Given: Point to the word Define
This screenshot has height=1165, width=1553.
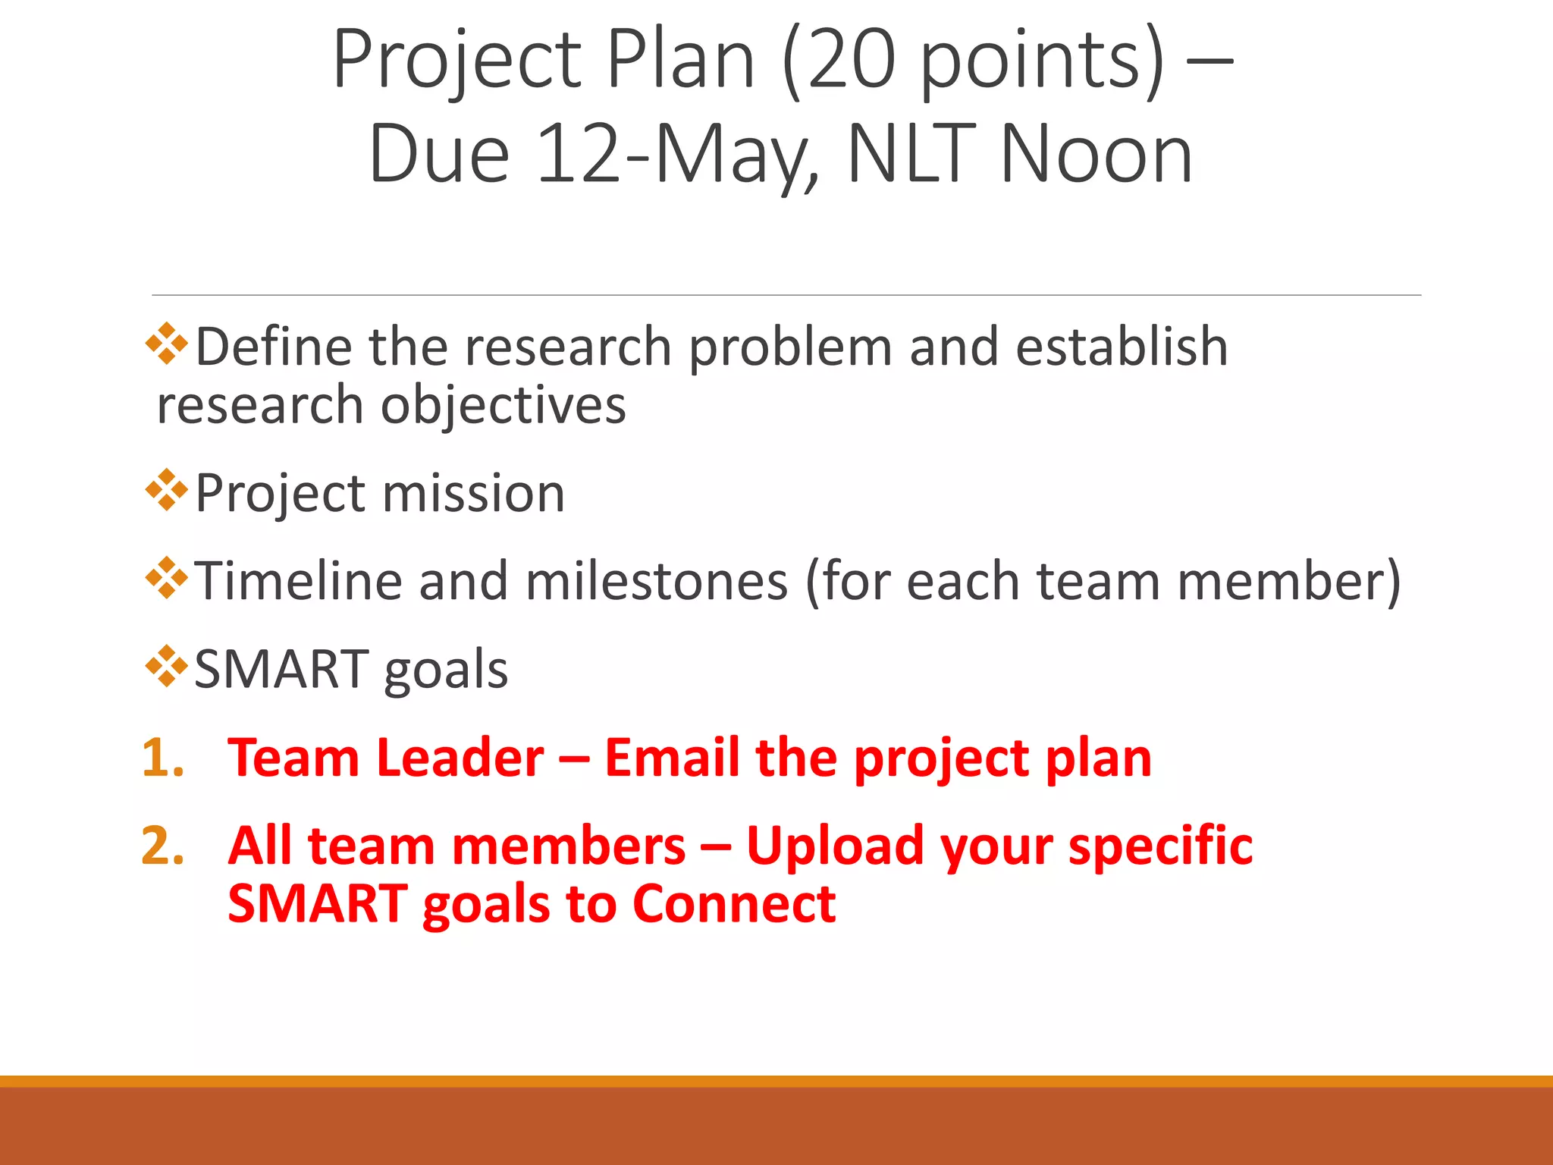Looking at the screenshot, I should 274,347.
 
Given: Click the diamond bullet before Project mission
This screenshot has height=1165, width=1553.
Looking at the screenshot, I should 166,491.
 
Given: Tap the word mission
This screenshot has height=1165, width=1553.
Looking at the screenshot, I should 474,494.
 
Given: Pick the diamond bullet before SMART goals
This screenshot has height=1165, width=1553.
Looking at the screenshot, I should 166,667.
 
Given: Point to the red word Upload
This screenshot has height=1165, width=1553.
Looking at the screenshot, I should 835,846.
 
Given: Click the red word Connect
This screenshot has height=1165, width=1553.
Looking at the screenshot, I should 733,904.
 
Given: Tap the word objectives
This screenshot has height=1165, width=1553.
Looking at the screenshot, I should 503,405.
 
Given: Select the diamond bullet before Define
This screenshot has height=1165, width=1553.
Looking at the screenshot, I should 166,344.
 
